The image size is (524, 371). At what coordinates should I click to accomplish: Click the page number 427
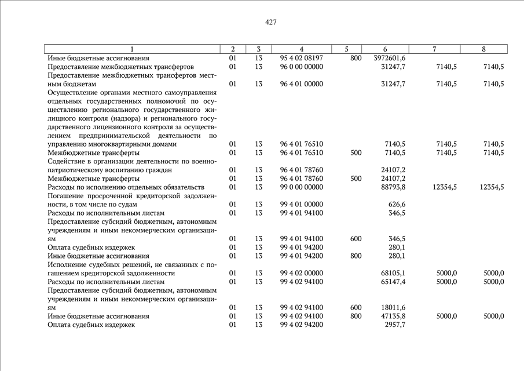tap(270, 23)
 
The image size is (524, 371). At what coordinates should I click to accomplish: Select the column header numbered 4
tap(301, 49)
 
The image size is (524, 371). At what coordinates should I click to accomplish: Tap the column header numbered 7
tap(434, 49)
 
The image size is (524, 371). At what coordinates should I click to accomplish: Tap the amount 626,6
tap(397, 204)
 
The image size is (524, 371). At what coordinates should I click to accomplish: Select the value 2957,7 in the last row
tap(395, 325)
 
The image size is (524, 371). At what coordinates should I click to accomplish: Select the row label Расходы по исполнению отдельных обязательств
tap(126, 187)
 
